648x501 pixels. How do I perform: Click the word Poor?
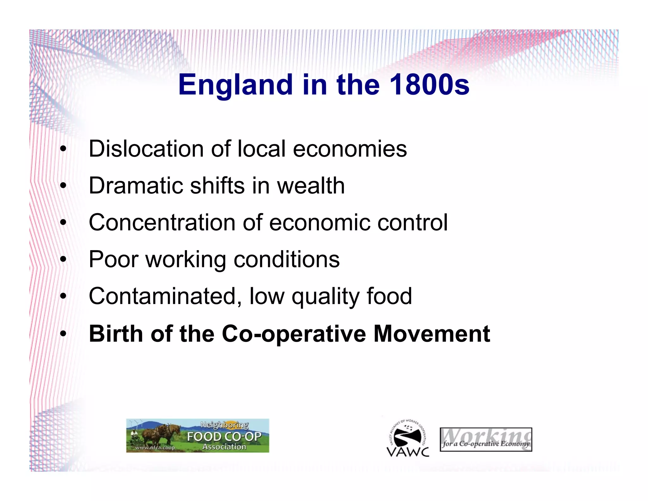pos(114,259)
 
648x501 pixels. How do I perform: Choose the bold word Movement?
pos(432,334)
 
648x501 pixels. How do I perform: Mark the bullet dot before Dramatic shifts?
pos(63,186)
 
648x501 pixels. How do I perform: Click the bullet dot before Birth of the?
pos(63,334)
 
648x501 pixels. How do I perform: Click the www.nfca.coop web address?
pos(155,448)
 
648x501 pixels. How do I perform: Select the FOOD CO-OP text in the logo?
pos(224,437)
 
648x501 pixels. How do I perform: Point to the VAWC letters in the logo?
pos(408,452)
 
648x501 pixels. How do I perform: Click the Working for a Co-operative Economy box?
pos(486,440)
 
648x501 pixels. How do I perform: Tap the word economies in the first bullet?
pos(350,149)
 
